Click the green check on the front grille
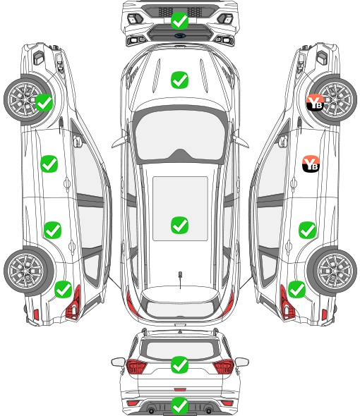point(179,20)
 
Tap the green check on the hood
point(179,80)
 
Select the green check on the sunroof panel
point(179,225)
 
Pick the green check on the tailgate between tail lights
point(179,365)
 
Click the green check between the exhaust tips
point(179,405)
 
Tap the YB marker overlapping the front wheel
point(315,102)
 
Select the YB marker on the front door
point(311,164)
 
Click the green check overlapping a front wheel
point(44,102)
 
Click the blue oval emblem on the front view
point(180,35)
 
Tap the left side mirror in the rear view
point(118,362)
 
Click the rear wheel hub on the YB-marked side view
point(335,271)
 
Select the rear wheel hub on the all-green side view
point(26,271)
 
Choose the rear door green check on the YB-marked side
point(307,230)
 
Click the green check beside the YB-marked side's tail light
point(296,289)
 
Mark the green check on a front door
point(49,164)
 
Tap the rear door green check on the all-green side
point(53,230)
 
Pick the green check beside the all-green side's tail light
point(64,289)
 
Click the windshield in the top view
point(180,136)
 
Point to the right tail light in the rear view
point(224,367)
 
